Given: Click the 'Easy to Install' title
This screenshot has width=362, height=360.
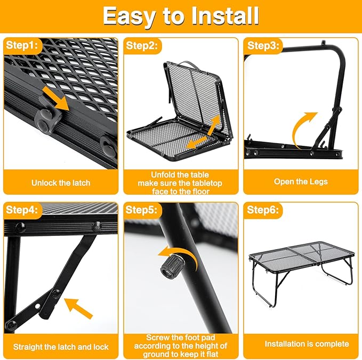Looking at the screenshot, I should [x=181, y=16].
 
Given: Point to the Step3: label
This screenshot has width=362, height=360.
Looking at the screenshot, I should [x=263, y=45].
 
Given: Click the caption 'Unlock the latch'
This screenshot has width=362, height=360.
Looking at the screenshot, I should [x=60, y=183].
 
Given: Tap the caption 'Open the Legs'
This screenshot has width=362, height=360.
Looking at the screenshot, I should [x=301, y=182].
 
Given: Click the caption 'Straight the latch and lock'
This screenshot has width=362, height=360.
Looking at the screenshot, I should [x=60, y=347].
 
